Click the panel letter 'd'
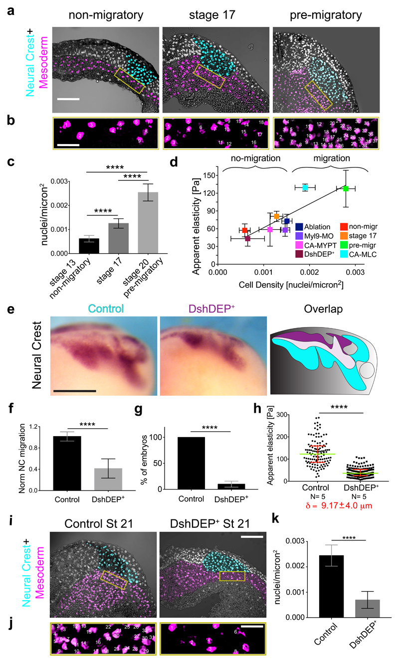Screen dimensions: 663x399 (x=173, y=163)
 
